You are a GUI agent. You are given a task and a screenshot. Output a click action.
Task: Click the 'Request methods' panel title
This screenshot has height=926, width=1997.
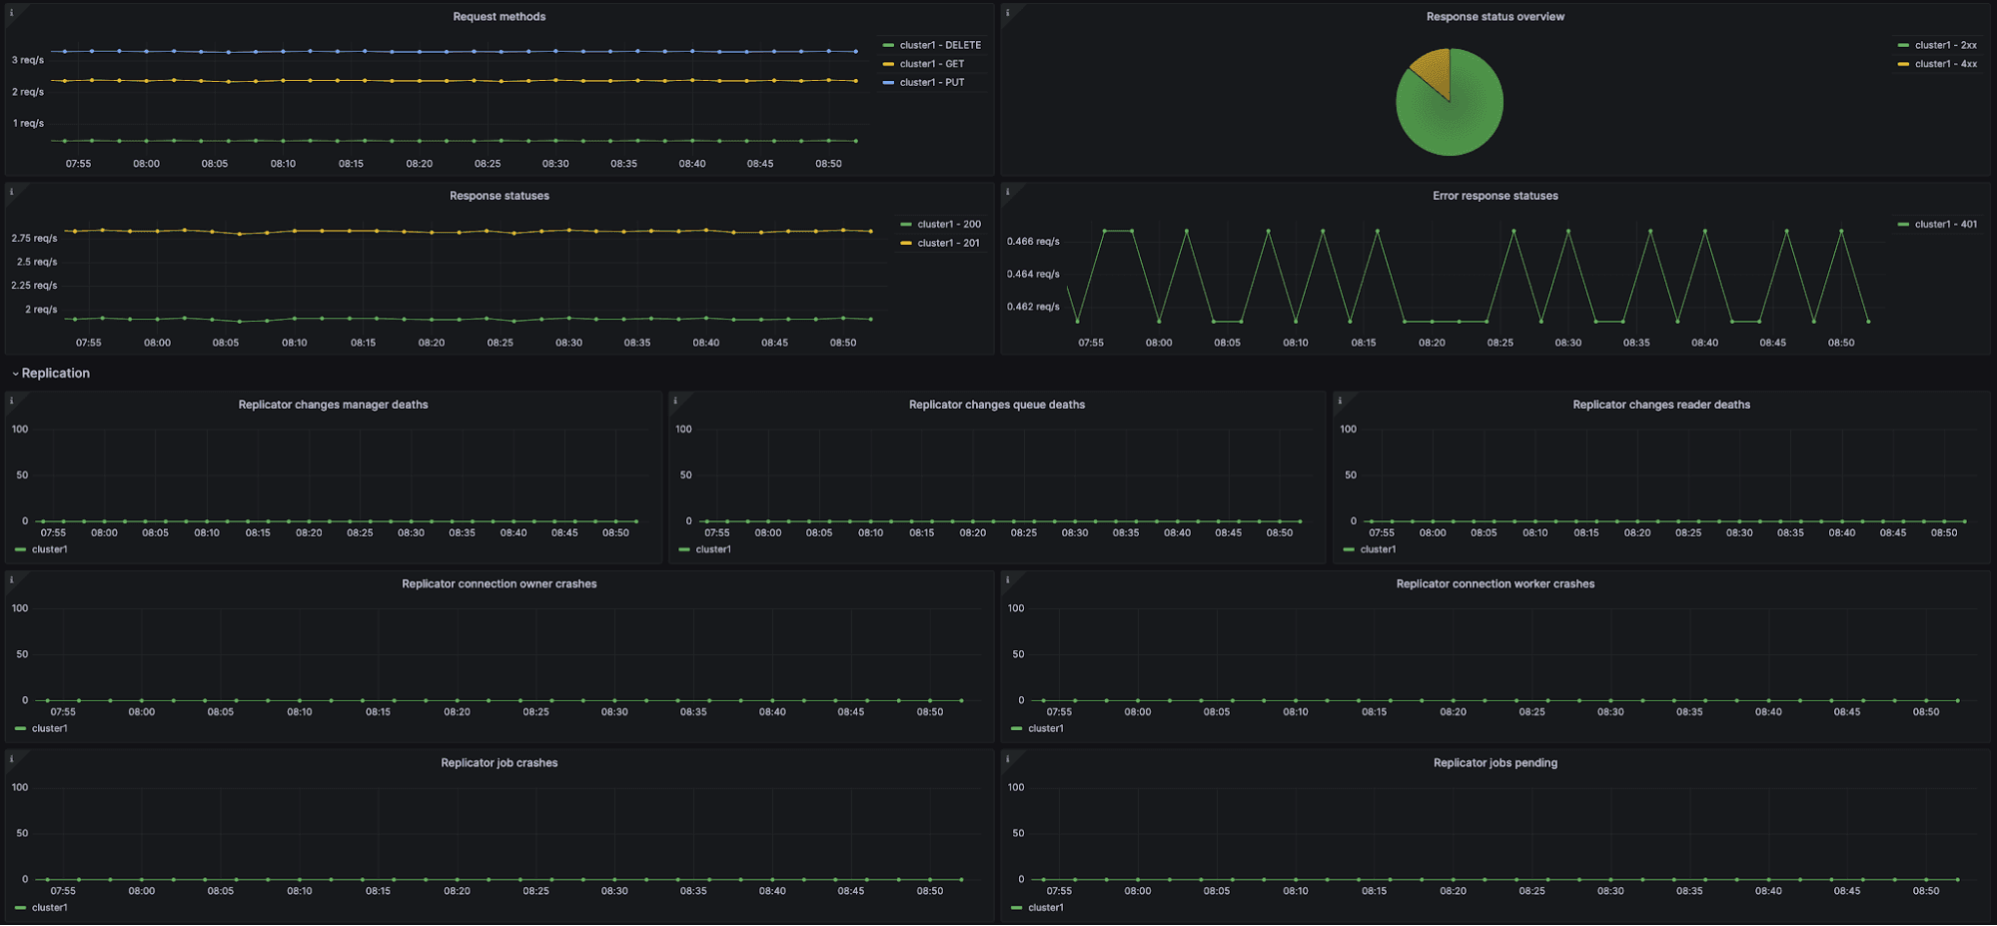pyautogui.click(x=499, y=17)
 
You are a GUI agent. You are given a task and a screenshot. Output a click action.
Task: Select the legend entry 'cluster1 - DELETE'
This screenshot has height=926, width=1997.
pyautogui.click(x=939, y=45)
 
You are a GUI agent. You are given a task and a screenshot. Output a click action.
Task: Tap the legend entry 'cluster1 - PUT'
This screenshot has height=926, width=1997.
pyautogui.click(x=931, y=83)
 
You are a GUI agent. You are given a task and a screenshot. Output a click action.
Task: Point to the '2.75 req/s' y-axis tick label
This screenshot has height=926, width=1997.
pyautogui.click(x=34, y=239)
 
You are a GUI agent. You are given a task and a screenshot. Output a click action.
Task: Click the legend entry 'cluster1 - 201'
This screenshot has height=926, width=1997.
pyautogui.click(x=948, y=243)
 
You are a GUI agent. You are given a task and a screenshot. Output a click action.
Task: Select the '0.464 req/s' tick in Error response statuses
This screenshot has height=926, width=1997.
pyautogui.click(x=1033, y=274)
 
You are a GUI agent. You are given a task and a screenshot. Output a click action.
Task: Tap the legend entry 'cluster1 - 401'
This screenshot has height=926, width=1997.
pyautogui.click(x=1944, y=225)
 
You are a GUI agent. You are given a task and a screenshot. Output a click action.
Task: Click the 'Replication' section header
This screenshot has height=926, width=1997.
pyautogui.click(x=55, y=374)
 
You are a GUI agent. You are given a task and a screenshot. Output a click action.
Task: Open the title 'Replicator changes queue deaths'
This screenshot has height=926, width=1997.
pyautogui.click(x=996, y=405)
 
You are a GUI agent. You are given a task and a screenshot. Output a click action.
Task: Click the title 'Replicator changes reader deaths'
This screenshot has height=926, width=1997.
pyautogui.click(x=1660, y=405)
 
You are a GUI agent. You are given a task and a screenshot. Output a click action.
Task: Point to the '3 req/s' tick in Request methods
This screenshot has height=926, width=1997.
pyautogui.click(x=28, y=60)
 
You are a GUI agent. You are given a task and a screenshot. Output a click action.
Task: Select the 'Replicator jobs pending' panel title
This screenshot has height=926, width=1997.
pyautogui.click(x=1495, y=763)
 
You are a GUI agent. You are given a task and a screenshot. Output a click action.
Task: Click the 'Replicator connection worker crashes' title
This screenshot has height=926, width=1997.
pyautogui.click(x=1495, y=584)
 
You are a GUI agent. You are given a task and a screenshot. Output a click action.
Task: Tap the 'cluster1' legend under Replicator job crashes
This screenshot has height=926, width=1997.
pyautogui.click(x=49, y=908)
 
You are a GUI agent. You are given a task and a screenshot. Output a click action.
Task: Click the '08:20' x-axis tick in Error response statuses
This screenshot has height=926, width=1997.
pyautogui.click(x=1432, y=343)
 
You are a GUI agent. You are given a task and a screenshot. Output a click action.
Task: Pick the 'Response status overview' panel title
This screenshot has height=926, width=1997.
pyautogui.click(x=1495, y=17)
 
